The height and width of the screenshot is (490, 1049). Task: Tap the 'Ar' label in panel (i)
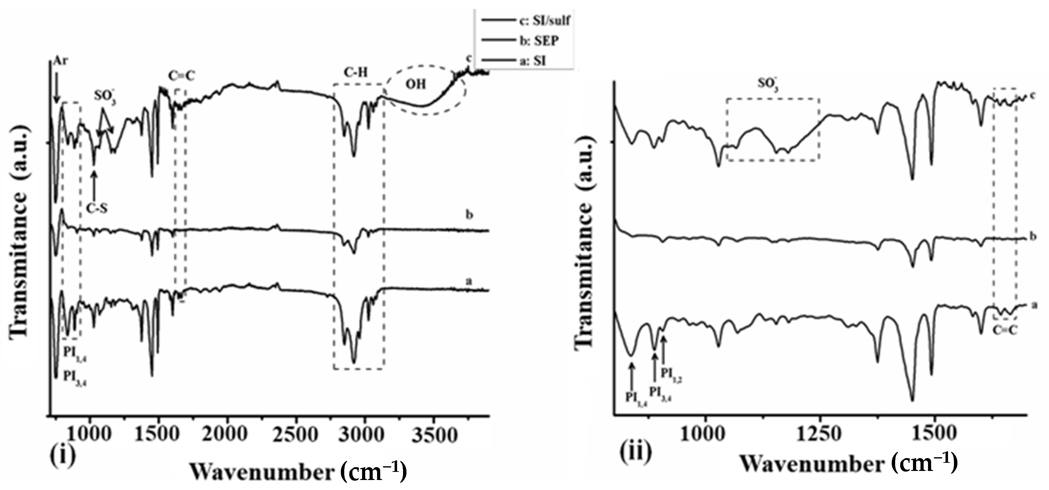click(x=60, y=62)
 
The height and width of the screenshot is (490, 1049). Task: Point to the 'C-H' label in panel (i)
click(x=356, y=73)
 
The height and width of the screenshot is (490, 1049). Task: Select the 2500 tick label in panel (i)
click(x=296, y=435)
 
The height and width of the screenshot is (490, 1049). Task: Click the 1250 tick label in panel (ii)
click(x=819, y=433)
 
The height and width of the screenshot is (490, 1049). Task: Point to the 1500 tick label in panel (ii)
click(x=935, y=433)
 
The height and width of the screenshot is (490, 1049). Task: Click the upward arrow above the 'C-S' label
click(x=94, y=185)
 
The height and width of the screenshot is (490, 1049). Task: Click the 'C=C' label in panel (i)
click(x=182, y=76)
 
